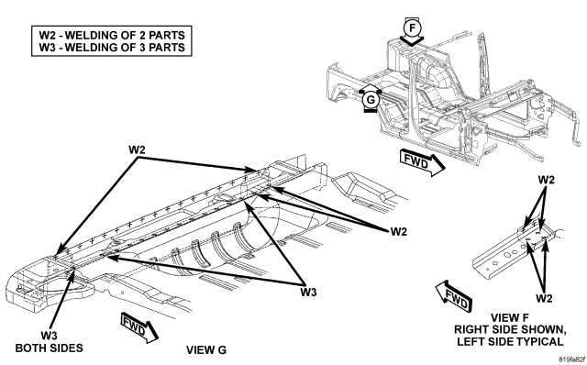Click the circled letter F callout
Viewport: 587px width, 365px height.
(412, 28)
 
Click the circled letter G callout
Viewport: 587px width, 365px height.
(371, 100)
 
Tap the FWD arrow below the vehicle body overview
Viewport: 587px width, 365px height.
(423, 162)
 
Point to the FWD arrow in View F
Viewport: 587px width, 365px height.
(454, 296)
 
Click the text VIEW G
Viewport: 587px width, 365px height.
(206, 350)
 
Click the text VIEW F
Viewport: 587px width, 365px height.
(510, 318)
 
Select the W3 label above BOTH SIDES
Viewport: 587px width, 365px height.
(49, 335)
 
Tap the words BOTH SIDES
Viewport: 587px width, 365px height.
(49, 348)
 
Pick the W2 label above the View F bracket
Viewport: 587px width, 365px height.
(546, 180)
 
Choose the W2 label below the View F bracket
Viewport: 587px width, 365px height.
(544, 298)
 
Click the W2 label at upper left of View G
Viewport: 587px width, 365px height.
(137, 149)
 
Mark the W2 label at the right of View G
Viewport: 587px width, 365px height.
(398, 232)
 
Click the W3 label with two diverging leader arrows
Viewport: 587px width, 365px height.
(308, 292)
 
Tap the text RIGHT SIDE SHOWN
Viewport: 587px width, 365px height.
(510, 330)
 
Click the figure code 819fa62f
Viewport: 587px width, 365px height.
(572, 359)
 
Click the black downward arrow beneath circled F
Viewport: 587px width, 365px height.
(412, 40)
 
